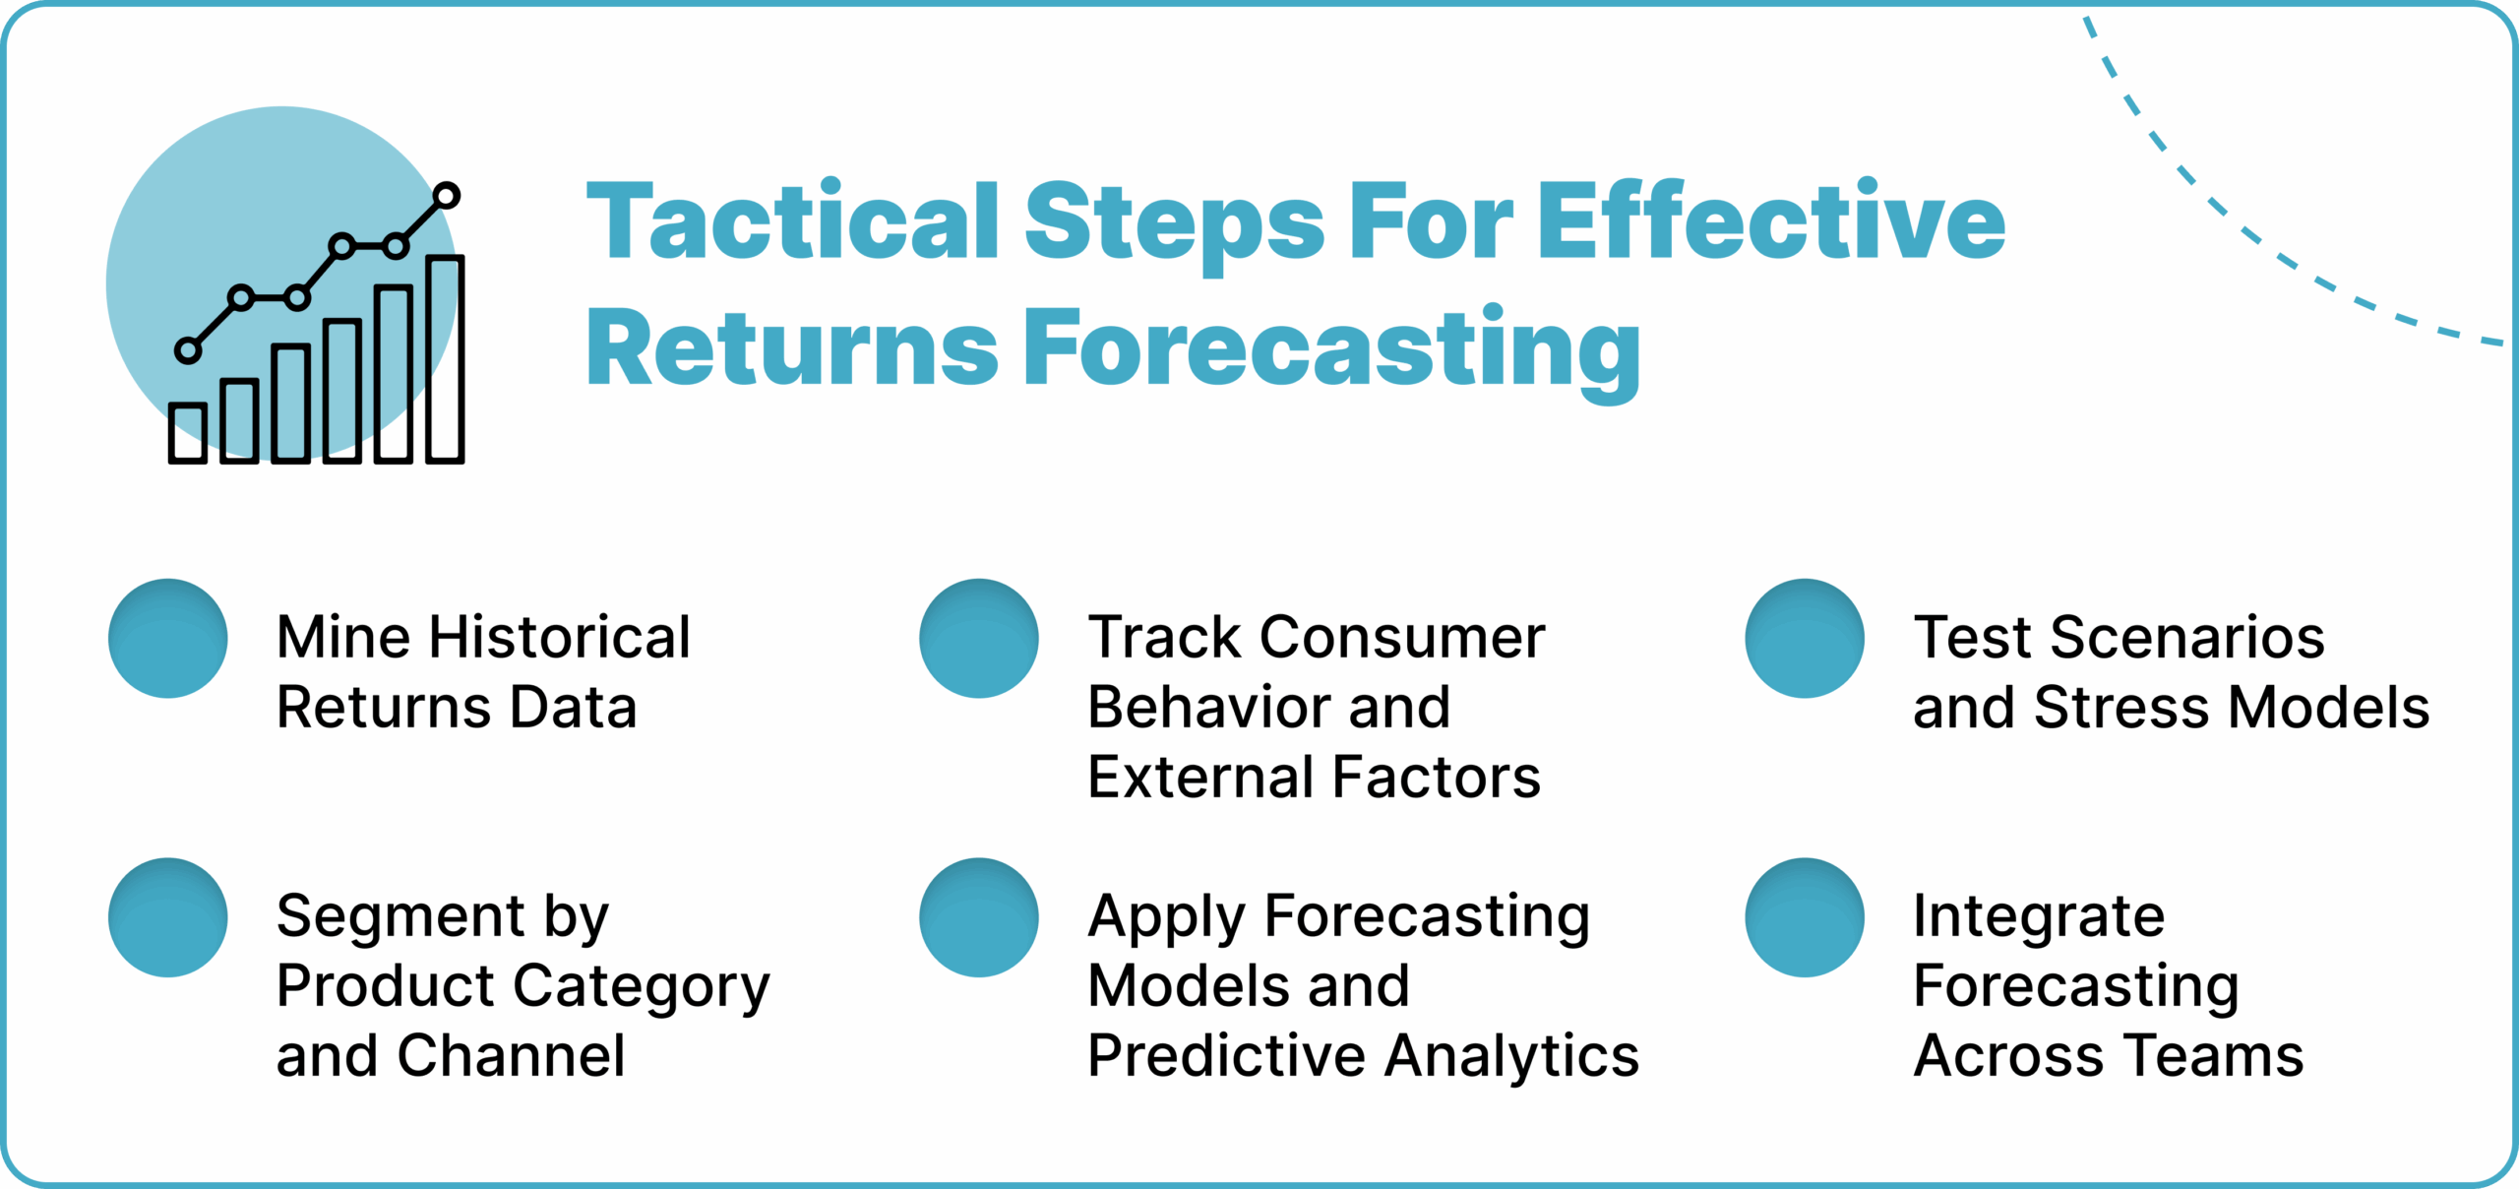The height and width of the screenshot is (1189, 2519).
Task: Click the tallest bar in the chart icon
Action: tap(445, 359)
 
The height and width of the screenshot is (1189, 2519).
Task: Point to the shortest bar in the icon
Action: tap(187, 432)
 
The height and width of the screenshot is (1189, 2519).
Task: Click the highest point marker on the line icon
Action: tap(447, 196)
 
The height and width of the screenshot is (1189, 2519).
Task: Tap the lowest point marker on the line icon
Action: tap(188, 349)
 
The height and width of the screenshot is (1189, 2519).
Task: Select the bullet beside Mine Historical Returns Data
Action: tap(168, 639)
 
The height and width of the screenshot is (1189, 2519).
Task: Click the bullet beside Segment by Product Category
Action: tap(168, 917)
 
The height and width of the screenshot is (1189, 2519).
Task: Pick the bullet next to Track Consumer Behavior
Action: tap(979, 639)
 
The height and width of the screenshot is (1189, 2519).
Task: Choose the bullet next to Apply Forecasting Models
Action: tap(979, 917)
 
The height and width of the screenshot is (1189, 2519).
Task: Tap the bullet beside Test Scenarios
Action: tap(1805, 639)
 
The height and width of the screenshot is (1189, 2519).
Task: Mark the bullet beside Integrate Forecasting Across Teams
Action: tap(1805, 917)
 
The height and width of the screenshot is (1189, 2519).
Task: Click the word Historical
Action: tap(560, 637)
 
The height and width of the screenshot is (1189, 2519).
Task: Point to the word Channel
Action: tap(511, 1055)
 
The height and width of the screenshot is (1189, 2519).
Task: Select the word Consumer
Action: tap(1402, 637)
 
